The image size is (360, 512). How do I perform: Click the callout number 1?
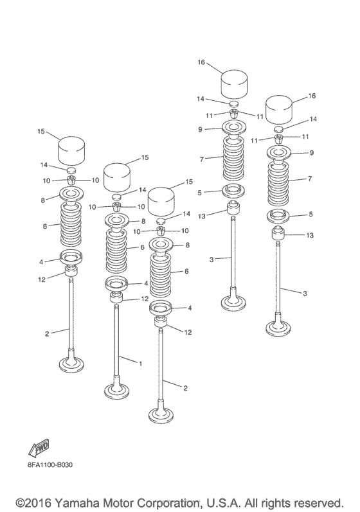coord(141,363)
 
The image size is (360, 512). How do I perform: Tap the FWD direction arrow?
coord(39,448)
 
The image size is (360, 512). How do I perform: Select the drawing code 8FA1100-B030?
coord(50,464)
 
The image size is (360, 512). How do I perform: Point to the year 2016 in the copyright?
coord(37,502)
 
